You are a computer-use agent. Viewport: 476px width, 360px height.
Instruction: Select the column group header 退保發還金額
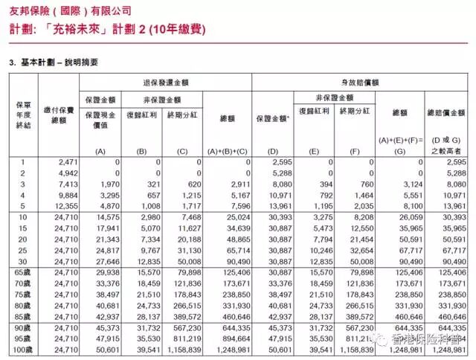click(165, 81)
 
